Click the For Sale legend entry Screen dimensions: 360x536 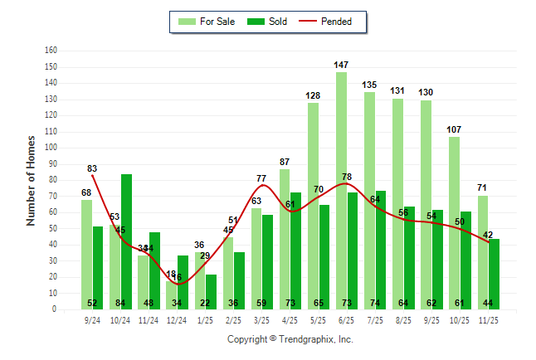207,22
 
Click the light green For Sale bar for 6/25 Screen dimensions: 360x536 341,191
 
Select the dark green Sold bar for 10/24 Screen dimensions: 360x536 127,241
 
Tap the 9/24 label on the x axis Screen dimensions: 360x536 92,319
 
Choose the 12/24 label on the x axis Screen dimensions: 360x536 177,319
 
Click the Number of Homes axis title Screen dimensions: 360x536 31,180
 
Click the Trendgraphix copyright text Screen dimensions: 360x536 290,339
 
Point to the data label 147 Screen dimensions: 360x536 341,64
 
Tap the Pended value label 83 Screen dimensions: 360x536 92,168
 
